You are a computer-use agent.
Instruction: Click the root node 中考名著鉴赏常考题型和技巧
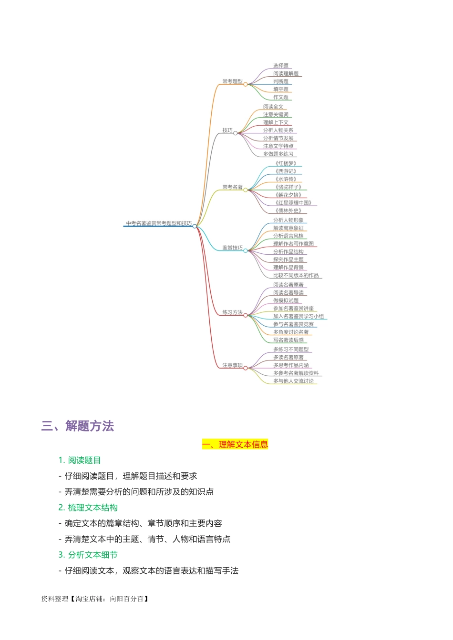click(x=159, y=223)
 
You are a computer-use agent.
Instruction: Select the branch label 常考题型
click(x=232, y=81)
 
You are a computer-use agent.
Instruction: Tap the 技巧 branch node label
click(x=227, y=130)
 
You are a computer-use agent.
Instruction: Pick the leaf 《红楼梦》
click(x=286, y=163)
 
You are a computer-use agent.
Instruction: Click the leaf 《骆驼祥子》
click(x=288, y=187)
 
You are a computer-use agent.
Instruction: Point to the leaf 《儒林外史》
click(x=288, y=210)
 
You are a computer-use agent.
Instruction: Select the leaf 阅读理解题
click(x=286, y=73)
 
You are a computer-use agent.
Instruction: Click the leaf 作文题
click(x=281, y=97)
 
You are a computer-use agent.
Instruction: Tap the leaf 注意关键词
click(x=276, y=114)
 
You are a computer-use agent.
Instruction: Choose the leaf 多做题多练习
click(x=278, y=154)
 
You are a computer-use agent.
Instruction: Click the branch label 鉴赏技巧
click(x=232, y=248)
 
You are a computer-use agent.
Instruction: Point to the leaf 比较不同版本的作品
click(x=296, y=275)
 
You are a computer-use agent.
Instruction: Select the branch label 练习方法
click(x=232, y=312)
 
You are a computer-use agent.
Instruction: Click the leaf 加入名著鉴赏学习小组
click(x=298, y=316)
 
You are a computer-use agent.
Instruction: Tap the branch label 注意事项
click(x=232, y=365)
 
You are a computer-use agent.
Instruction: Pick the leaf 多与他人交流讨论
click(x=293, y=381)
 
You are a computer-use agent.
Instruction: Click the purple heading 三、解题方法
click(x=78, y=426)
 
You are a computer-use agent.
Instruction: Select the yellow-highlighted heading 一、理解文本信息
click(x=235, y=444)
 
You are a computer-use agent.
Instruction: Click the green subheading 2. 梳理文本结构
click(x=88, y=508)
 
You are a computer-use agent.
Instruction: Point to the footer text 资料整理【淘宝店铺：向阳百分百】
click(x=95, y=599)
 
